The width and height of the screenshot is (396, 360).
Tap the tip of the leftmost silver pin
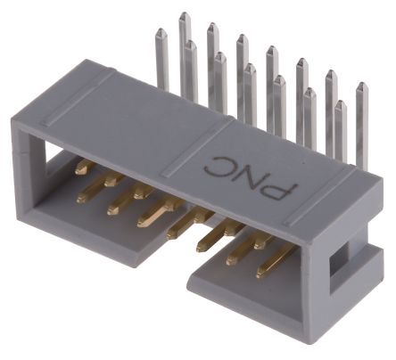click(161, 31)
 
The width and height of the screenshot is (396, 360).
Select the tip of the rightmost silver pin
click(361, 86)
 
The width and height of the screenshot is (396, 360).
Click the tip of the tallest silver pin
click(185, 15)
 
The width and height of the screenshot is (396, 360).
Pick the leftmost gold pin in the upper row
click(83, 167)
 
